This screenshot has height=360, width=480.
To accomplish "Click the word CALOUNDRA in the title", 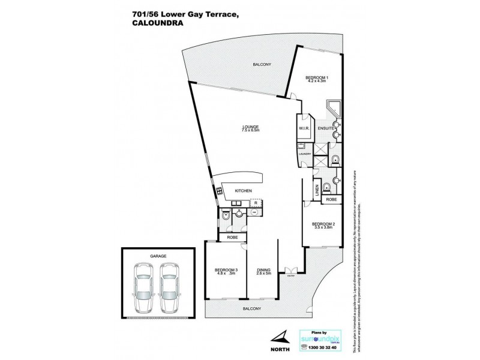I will [157, 25].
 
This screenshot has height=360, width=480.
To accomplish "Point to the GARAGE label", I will [158, 256].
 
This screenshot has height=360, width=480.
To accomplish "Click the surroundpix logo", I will [316, 337].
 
